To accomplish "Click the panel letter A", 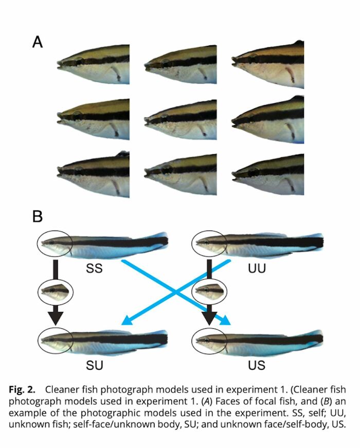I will click(38, 42).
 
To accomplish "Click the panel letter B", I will click(38, 216).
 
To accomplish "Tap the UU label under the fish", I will click(256, 267).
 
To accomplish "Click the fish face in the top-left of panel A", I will click(93, 64).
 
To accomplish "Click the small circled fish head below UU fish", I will click(209, 292).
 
